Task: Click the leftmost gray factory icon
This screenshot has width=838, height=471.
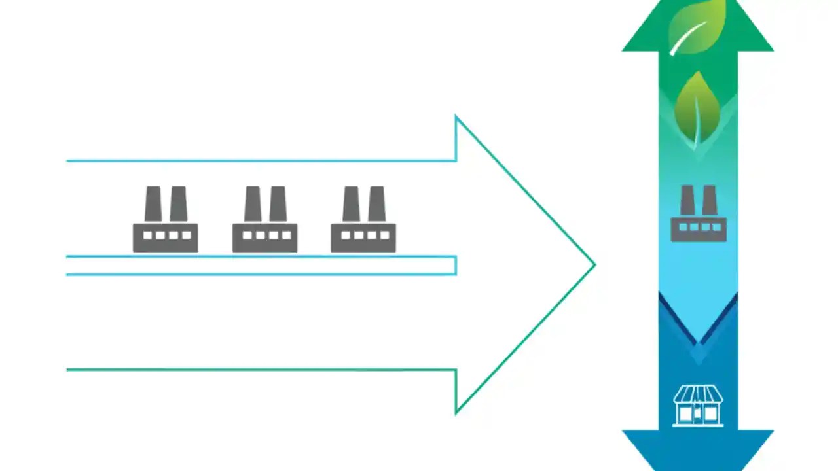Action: [165, 220]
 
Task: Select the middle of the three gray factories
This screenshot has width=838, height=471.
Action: [264, 220]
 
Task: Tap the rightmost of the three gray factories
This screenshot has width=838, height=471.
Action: [363, 220]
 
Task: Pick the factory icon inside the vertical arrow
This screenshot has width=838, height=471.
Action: [699, 215]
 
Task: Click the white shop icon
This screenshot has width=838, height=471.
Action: [699, 406]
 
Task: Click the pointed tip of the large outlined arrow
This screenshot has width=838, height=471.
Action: [593, 265]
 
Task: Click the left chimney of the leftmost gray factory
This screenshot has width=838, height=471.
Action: [153, 203]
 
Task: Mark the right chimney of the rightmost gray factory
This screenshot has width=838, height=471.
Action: [376, 203]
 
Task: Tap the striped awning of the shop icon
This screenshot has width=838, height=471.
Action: [699, 394]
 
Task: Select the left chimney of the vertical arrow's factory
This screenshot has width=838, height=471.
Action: [687, 200]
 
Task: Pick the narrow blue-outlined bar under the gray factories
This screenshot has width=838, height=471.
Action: [262, 266]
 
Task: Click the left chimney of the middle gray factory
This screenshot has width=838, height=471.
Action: [253, 203]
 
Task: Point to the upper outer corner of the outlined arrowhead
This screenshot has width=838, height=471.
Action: [456, 118]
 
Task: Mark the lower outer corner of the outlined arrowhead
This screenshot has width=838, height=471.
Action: [456, 412]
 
